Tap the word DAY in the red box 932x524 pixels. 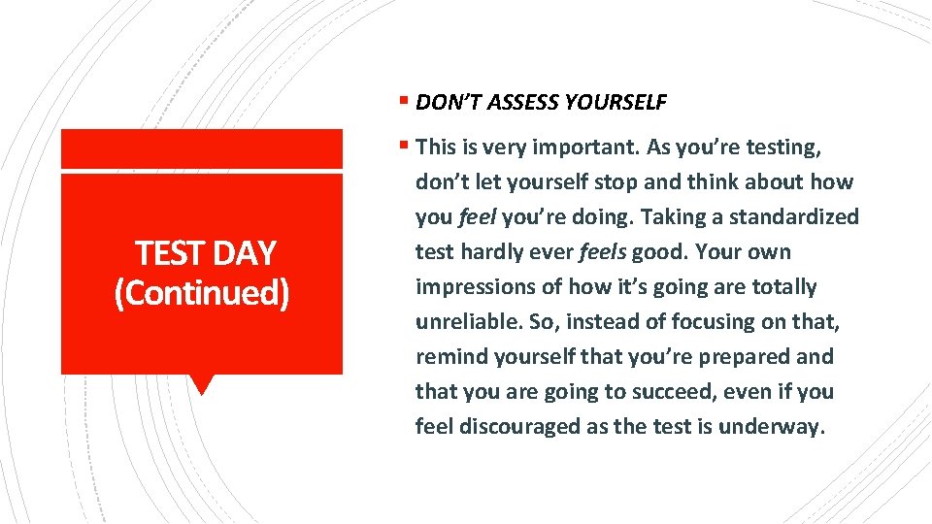tap(246, 253)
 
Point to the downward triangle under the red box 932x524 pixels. tap(202, 384)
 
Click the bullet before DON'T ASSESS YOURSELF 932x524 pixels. tap(404, 100)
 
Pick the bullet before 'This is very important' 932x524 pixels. tap(404, 147)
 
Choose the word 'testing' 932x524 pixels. tap(781, 147)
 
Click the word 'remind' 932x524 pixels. tap(449, 356)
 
